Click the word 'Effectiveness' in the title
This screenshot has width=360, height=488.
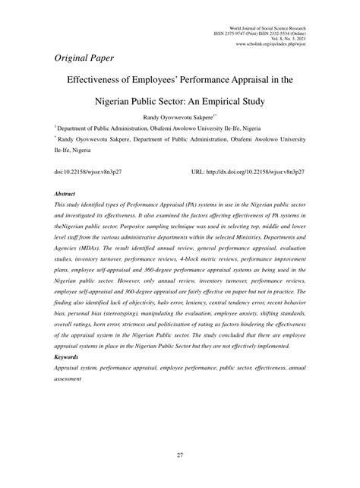click(102, 78)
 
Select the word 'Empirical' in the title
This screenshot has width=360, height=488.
click(234, 98)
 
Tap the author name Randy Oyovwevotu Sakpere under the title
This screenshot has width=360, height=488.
click(177, 119)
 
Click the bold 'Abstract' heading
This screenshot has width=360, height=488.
click(65, 195)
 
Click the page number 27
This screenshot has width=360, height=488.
click(180, 455)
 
